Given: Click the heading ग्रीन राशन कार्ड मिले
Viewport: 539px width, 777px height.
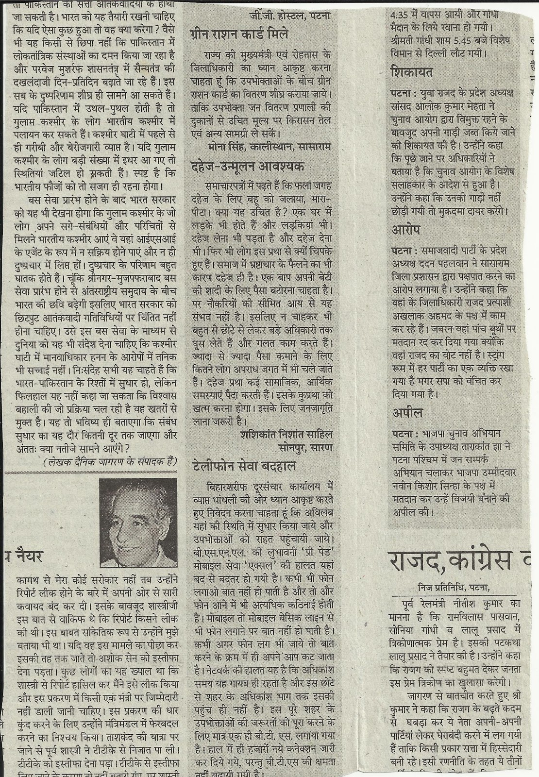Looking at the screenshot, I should point(239,34).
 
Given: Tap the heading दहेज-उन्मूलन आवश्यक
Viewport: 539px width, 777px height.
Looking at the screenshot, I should point(248,167).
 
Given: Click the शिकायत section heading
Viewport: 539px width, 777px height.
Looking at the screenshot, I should point(412,73).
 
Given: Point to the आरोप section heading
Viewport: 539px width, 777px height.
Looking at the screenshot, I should point(406,230).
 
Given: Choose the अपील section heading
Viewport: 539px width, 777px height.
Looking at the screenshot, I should point(407,413).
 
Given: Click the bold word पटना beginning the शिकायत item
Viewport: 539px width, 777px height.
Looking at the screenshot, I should point(404,92).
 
